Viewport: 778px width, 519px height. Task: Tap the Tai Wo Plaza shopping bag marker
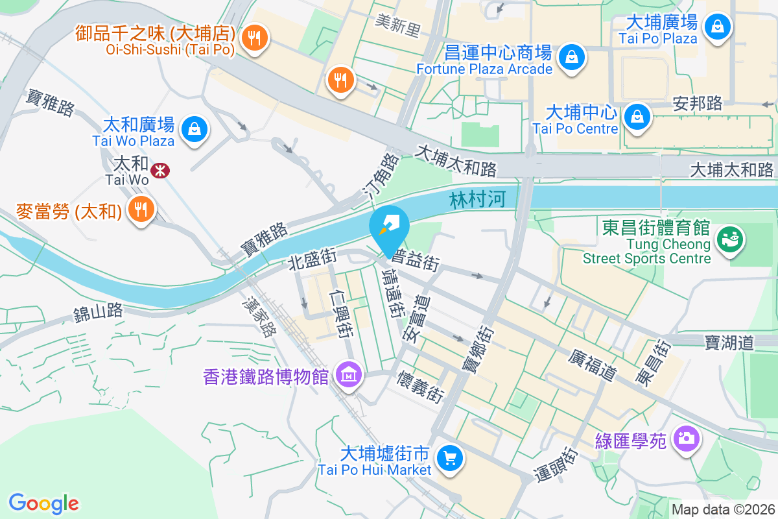[x=194, y=128]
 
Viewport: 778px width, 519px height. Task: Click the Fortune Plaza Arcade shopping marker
[x=572, y=56]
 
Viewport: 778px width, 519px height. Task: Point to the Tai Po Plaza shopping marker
[x=718, y=27]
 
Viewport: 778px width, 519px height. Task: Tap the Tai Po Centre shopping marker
[x=638, y=117]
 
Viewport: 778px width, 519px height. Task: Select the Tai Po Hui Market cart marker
[x=449, y=459]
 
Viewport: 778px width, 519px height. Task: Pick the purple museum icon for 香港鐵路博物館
[x=349, y=374]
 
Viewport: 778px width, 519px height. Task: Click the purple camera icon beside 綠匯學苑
[x=685, y=439]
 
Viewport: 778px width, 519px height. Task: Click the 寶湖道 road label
[x=729, y=341]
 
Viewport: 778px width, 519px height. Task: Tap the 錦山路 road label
[x=98, y=312]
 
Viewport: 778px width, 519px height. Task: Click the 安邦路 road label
[x=698, y=103]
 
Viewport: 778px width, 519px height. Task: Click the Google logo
[x=43, y=503]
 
